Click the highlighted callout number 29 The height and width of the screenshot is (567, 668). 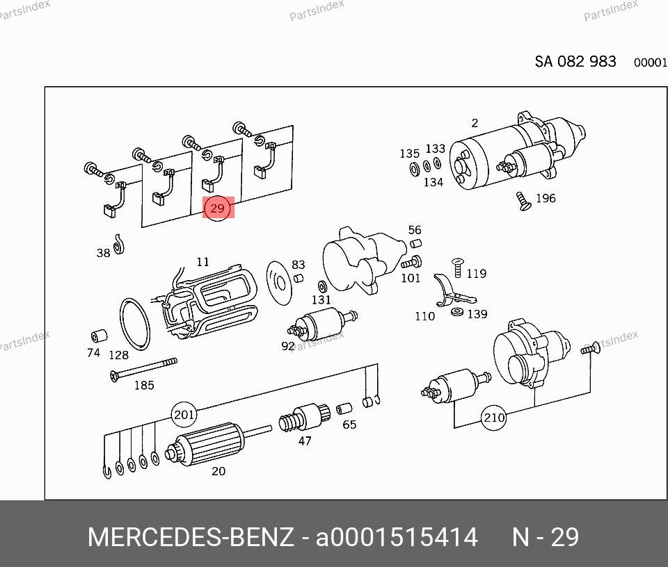(x=218, y=208)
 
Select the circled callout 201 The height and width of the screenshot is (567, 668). (x=184, y=414)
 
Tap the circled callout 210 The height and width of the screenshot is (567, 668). (x=494, y=418)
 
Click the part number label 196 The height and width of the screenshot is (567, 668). (x=546, y=198)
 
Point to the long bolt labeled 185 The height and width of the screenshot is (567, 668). (x=143, y=369)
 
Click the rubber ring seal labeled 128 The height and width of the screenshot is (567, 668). (x=135, y=324)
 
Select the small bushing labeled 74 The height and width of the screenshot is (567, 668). (x=99, y=335)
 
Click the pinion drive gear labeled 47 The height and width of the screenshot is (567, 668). (x=304, y=418)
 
